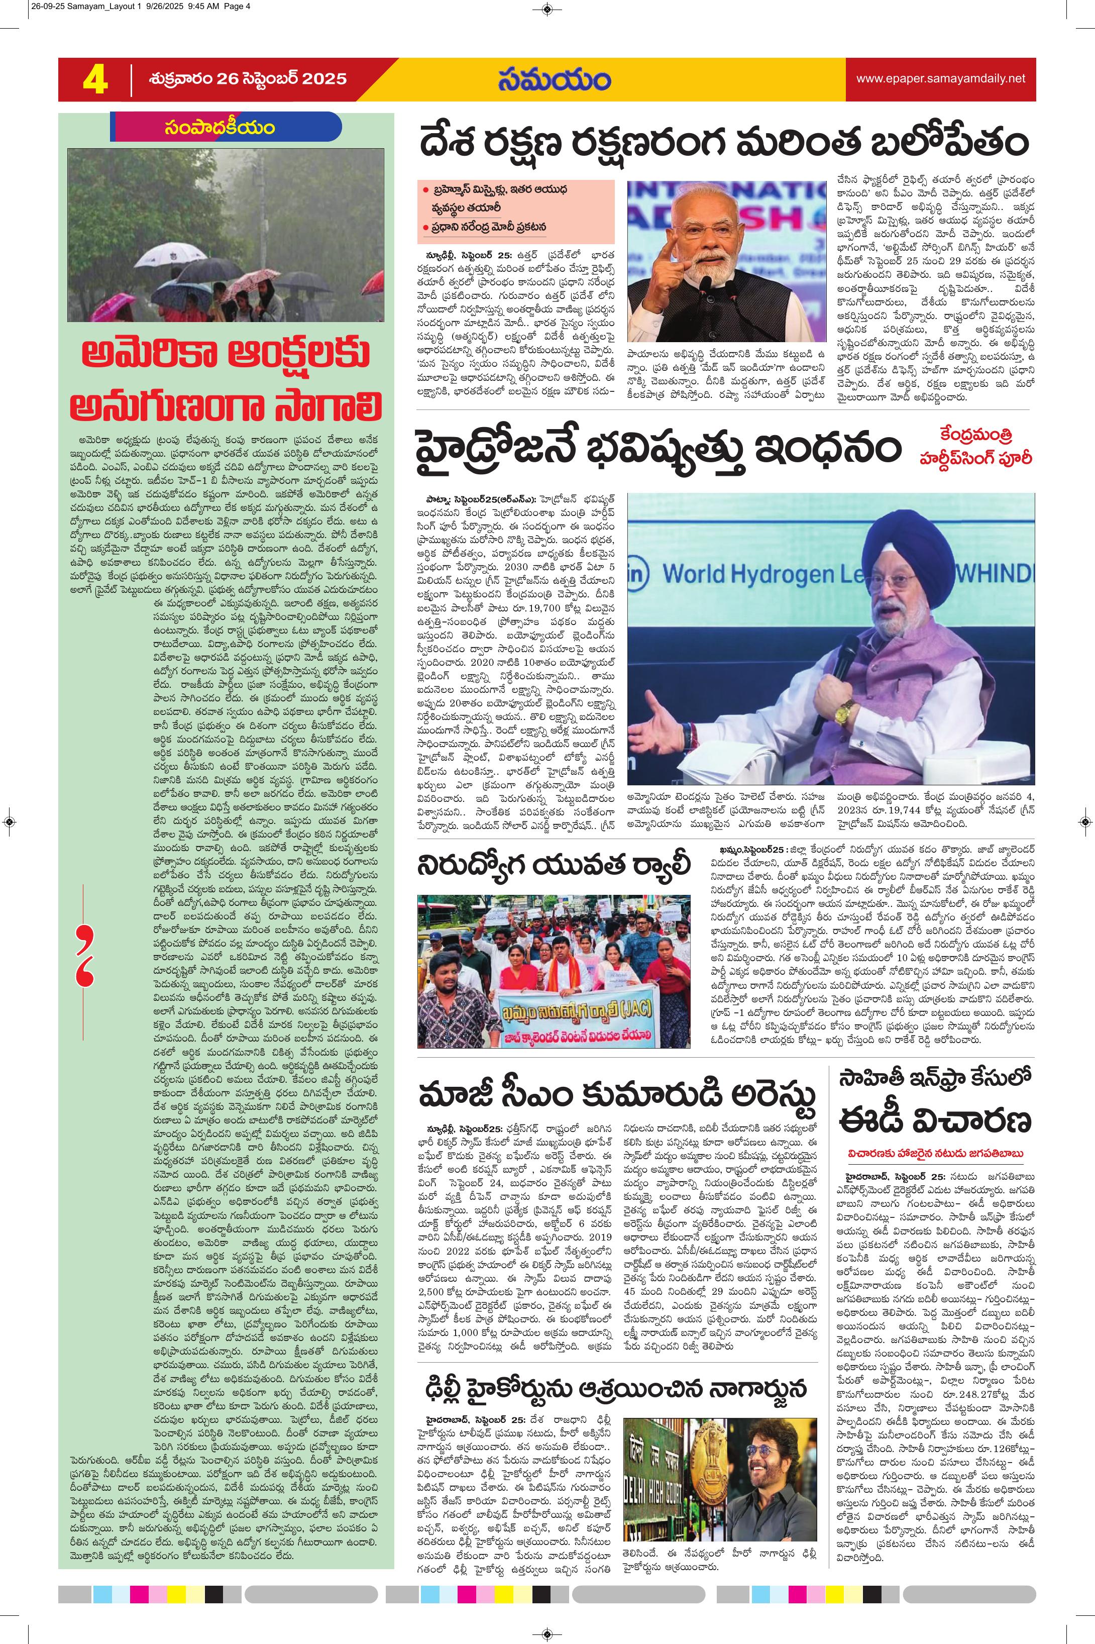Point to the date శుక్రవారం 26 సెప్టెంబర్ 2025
(x=248, y=79)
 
